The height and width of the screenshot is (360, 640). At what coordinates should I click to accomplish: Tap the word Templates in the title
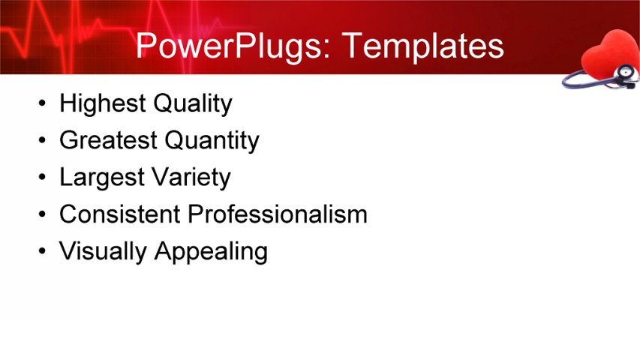422,46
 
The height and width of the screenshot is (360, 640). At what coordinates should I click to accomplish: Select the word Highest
101,103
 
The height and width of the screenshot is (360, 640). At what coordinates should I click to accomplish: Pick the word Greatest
107,140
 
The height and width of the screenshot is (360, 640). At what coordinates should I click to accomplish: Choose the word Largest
101,178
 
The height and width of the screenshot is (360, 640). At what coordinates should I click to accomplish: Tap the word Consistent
120,214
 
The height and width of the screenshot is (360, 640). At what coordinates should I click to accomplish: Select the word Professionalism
278,214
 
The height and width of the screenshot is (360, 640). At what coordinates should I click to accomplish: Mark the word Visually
104,251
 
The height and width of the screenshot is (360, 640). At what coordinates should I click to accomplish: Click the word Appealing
211,252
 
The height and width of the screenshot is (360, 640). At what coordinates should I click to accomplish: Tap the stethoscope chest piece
624,73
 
